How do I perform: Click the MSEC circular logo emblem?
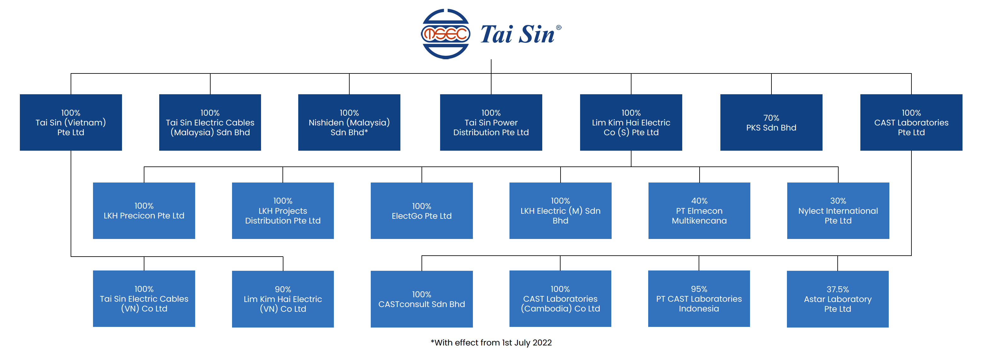[445, 34]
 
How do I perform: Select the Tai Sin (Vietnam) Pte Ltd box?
[71, 123]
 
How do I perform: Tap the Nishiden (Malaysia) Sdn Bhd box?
[349, 123]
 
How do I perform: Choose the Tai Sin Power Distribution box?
[491, 123]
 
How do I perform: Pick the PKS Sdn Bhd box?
[771, 123]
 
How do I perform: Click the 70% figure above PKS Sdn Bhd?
[771, 118]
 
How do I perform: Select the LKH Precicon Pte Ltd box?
[144, 211]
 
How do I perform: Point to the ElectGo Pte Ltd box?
[422, 211]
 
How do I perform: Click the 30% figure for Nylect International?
[838, 201]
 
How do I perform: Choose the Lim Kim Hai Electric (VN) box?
[283, 299]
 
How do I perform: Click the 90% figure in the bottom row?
[283, 289]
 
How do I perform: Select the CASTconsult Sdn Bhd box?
[422, 299]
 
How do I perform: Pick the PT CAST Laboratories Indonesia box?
[699, 299]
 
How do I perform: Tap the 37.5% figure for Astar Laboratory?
[838, 289]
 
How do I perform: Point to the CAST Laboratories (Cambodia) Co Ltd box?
[560, 299]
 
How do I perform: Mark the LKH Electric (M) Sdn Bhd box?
[560, 211]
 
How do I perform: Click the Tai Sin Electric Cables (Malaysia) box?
[210, 123]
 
